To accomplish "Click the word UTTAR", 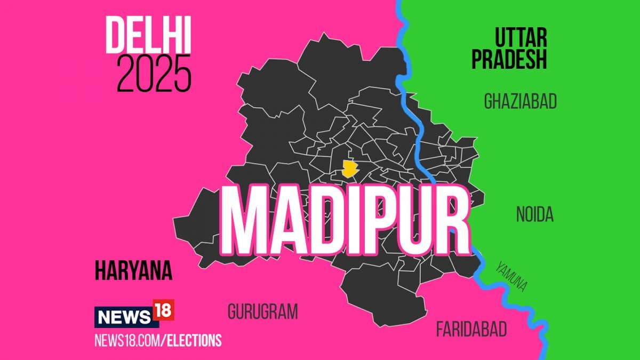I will click(521, 38).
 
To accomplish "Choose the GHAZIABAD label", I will click(520, 101).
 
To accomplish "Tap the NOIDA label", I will click(534, 214).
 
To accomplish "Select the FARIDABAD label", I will click(471, 329).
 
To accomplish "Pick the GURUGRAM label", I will click(262, 311).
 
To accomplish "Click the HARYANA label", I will click(133, 271).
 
